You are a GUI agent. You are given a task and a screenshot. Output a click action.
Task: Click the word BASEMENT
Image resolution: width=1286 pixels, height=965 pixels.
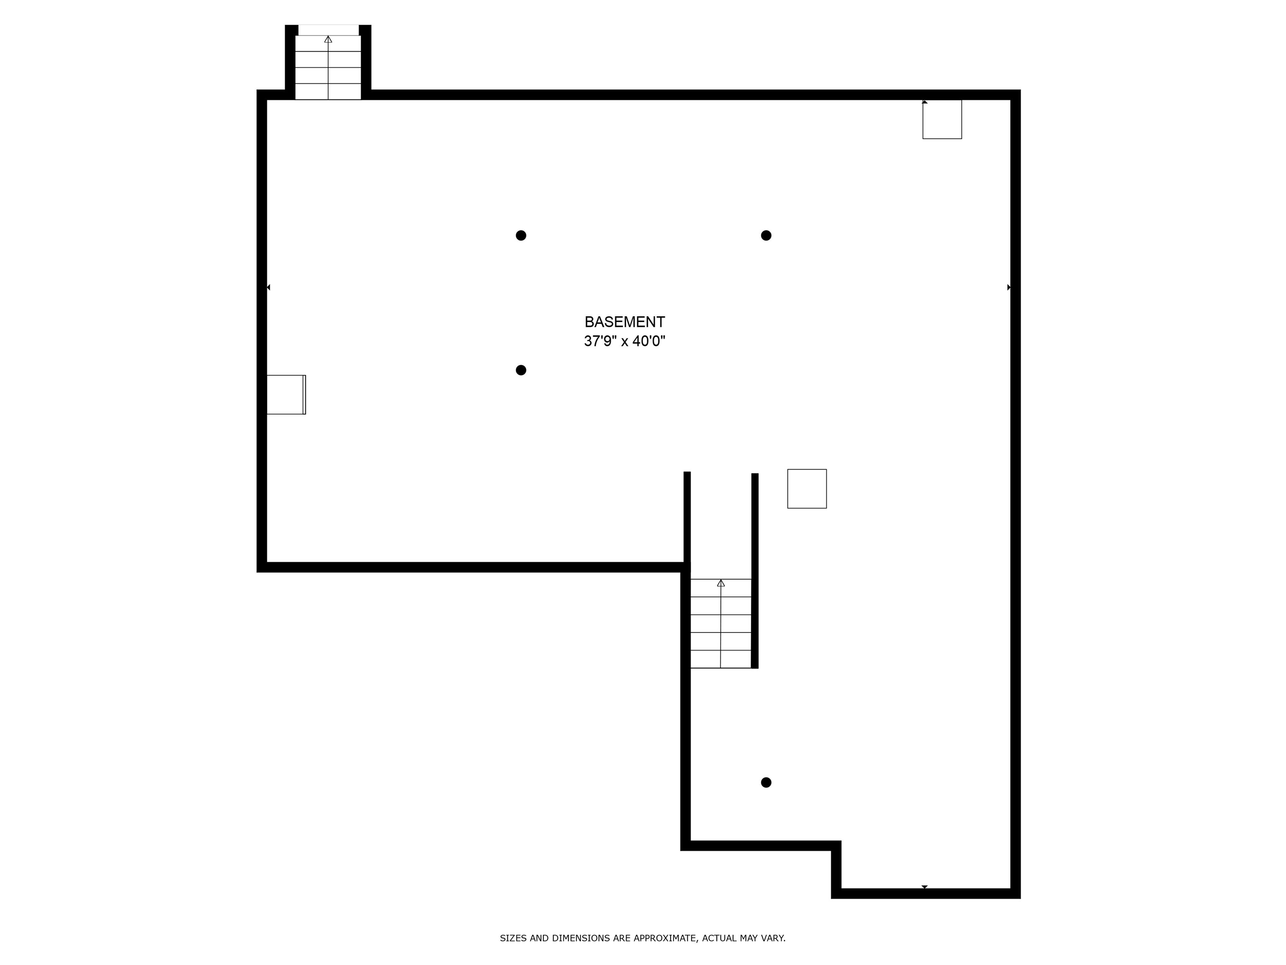click(625, 322)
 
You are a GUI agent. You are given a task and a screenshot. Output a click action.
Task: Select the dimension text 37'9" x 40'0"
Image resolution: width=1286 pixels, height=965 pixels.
click(625, 341)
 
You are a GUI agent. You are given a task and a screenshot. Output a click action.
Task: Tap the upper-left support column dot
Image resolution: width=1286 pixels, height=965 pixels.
click(521, 235)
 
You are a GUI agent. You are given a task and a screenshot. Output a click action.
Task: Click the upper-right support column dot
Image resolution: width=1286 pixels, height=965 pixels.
click(766, 235)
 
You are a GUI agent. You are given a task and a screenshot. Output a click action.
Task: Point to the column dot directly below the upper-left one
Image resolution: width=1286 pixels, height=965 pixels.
click(521, 370)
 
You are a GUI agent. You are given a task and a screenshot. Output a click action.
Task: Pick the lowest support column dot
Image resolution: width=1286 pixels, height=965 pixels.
click(766, 782)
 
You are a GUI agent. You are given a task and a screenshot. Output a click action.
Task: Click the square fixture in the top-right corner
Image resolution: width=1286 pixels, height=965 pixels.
click(942, 119)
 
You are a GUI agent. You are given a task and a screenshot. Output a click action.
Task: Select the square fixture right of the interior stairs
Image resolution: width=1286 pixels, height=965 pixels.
click(807, 489)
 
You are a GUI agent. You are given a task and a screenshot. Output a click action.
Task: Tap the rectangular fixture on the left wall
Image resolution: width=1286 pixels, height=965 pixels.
click(286, 395)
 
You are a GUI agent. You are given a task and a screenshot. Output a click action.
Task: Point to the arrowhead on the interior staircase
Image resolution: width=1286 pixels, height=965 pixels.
click(721, 583)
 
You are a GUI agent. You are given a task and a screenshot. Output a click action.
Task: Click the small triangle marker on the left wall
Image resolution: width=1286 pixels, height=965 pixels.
click(269, 287)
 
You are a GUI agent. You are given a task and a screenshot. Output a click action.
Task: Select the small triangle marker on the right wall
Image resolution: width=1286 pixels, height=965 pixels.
click(1009, 287)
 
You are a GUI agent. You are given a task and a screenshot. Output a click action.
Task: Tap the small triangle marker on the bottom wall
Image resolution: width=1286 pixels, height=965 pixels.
click(924, 887)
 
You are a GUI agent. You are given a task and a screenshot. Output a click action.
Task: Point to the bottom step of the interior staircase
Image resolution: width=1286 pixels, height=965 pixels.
click(721, 659)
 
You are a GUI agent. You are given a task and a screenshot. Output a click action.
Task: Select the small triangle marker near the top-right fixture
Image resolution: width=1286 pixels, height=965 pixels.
click(925, 102)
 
